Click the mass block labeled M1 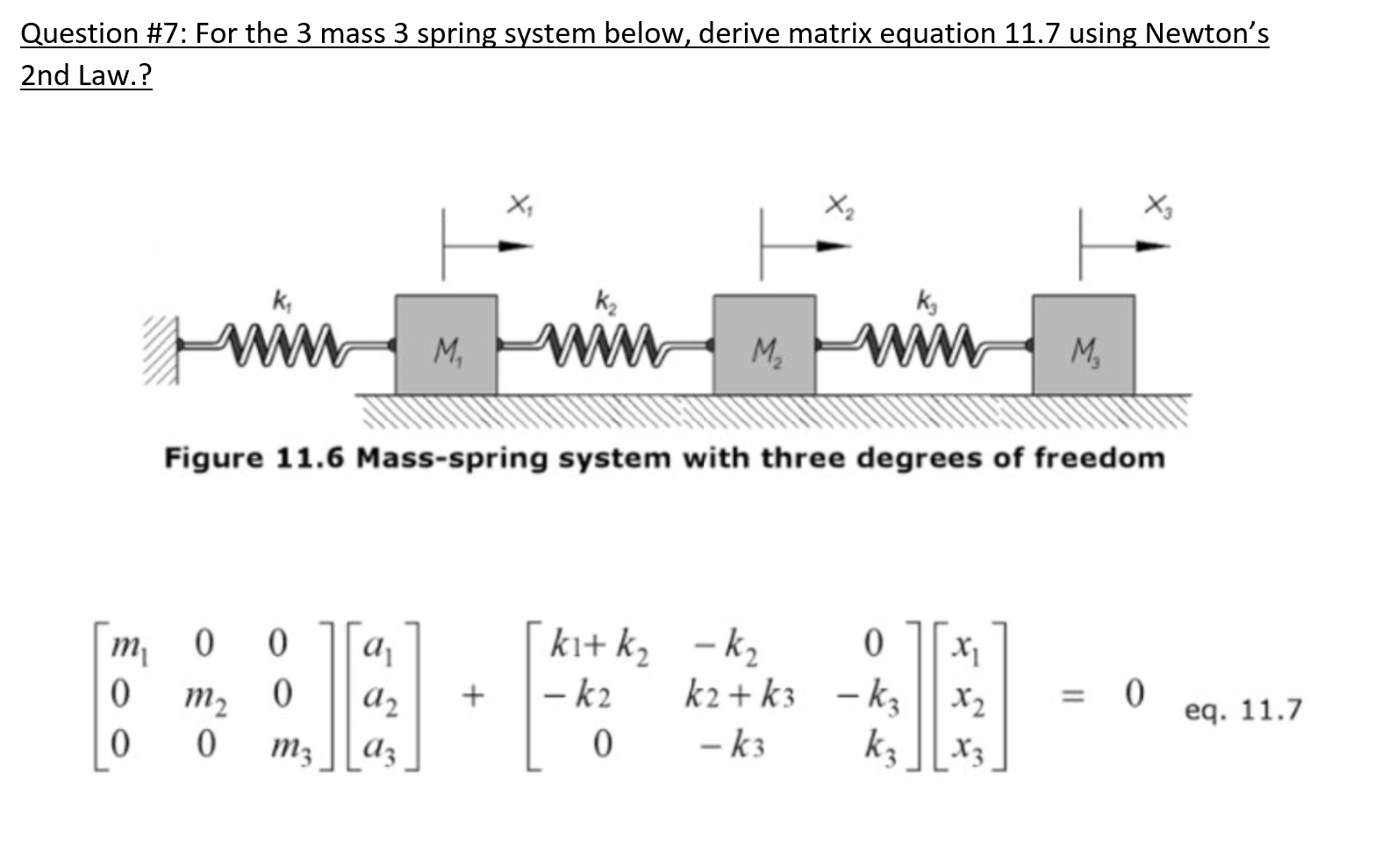point(446,345)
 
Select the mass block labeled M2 point(764,345)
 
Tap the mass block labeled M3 point(1083,345)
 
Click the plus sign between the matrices point(472,697)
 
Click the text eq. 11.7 point(1242,710)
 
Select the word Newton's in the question point(1207,33)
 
